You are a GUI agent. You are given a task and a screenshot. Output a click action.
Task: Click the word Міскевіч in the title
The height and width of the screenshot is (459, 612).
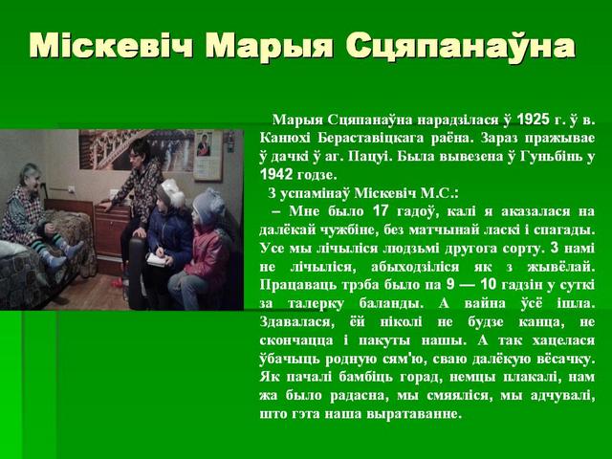pyautogui.click(x=111, y=46)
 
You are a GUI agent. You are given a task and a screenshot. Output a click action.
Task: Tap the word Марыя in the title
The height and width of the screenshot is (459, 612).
pyautogui.click(x=269, y=47)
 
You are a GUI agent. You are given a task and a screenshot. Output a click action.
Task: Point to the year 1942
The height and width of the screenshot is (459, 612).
pyautogui.click(x=276, y=174)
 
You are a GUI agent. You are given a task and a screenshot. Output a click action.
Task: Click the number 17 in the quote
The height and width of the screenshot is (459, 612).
pyautogui.click(x=381, y=211)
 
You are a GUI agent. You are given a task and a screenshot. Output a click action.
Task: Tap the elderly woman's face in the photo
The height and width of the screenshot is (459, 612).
pyautogui.click(x=32, y=179)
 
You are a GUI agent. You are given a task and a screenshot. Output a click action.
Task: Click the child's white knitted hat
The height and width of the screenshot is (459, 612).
pyautogui.click(x=172, y=192)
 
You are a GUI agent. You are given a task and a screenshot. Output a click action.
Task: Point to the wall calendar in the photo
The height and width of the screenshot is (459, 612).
pyautogui.click(x=208, y=155)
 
